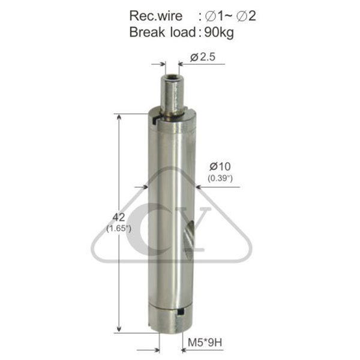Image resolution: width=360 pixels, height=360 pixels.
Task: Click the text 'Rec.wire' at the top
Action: click(x=155, y=16)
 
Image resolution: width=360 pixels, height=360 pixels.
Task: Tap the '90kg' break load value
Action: click(x=219, y=32)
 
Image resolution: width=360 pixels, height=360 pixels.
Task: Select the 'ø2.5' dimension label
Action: click(x=203, y=57)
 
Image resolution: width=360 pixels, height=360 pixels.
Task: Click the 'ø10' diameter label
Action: click(x=220, y=166)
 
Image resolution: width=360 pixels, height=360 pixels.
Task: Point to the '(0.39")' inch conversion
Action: click(x=220, y=178)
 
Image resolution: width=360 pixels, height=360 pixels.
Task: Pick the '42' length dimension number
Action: click(x=119, y=217)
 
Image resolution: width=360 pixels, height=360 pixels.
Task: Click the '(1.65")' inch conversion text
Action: click(x=119, y=229)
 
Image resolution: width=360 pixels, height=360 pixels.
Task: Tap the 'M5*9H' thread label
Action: click(x=205, y=343)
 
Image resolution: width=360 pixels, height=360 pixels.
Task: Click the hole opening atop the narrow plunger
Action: click(x=172, y=76)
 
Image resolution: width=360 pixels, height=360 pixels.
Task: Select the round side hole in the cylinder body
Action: click(x=190, y=238)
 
